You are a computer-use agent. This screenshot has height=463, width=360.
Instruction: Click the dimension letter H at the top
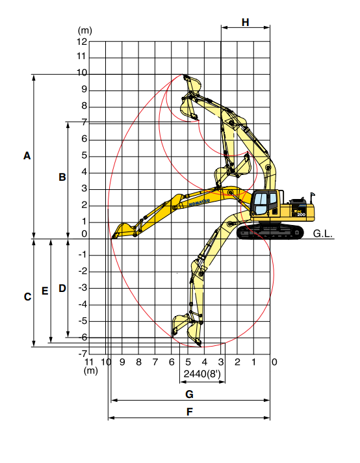tap(245, 23)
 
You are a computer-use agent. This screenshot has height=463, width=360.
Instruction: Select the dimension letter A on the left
tap(27, 155)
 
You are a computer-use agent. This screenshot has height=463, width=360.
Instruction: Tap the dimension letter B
tap(62, 177)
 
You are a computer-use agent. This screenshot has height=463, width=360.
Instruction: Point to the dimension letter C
tap(27, 297)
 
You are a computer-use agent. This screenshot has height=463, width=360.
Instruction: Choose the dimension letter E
tap(45, 291)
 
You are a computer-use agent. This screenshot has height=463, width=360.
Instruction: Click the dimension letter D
tap(62, 289)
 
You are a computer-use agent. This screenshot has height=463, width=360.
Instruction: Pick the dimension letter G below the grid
tap(190, 394)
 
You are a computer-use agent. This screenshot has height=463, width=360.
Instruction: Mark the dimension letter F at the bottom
tap(190, 412)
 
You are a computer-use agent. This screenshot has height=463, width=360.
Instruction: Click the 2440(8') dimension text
tap(202, 374)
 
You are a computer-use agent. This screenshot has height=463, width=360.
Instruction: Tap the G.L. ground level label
tap(322, 233)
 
